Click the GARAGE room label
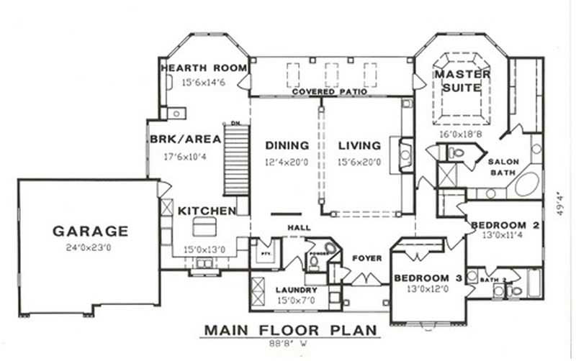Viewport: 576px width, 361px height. click(x=90, y=232)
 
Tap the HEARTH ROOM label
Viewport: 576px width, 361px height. click(x=204, y=68)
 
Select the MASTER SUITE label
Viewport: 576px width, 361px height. click(x=462, y=81)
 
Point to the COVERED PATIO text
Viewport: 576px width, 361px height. click(x=330, y=92)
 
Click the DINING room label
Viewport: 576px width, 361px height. click(x=287, y=145)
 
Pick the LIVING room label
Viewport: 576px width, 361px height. click(x=360, y=145)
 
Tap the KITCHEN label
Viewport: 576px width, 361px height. click(x=207, y=211)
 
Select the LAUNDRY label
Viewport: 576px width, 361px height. click(x=297, y=290)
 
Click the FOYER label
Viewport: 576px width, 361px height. click(x=366, y=258)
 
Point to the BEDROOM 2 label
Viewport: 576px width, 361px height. click(x=505, y=225)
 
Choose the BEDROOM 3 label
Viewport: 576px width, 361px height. click(x=428, y=278)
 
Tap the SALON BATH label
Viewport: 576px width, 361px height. click(x=500, y=167)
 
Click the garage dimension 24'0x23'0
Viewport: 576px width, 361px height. click(x=90, y=248)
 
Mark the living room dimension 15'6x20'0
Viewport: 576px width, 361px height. click(x=360, y=162)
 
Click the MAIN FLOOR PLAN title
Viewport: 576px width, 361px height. click(x=291, y=330)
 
